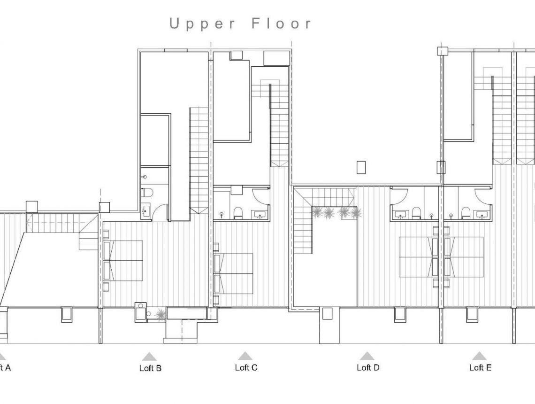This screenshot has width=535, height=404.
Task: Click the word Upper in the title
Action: click(202, 24)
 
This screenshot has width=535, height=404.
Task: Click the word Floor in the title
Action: click(281, 23)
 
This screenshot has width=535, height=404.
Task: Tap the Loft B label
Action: click(150, 368)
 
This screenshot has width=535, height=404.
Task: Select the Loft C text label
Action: click(246, 367)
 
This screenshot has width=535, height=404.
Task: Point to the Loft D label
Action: click(367, 367)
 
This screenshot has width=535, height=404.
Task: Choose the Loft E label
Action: click(480, 367)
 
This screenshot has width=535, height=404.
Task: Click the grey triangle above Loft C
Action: click(245, 356)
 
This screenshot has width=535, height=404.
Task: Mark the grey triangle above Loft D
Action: click(367, 356)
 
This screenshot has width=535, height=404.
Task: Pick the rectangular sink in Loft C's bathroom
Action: click(259, 215)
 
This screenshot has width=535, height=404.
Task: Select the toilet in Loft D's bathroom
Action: click(416, 213)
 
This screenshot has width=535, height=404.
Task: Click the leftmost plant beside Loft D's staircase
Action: click(317, 213)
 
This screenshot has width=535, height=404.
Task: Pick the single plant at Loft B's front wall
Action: click(160, 314)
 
